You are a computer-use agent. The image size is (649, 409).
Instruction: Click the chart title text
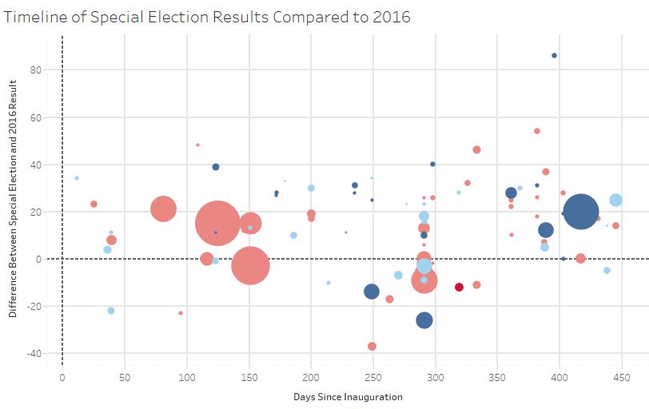pyautogui.click(x=207, y=17)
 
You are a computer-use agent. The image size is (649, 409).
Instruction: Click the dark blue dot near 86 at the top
pyautogui.click(x=554, y=55)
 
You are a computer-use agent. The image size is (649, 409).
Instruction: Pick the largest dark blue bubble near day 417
pyautogui.click(x=581, y=212)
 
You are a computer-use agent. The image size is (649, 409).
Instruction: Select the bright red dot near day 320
pyautogui.click(x=459, y=287)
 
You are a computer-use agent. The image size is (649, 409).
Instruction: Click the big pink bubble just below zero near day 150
pyautogui.click(x=250, y=265)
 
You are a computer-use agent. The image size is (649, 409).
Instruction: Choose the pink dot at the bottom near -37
pyautogui.click(x=372, y=346)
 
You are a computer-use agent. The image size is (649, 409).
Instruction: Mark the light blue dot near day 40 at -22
pyautogui.click(x=111, y=311)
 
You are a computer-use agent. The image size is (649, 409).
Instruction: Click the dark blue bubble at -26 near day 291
pyautogui.click(x=424, y=320)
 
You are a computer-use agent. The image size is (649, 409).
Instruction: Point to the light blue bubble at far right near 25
pyautogui.click(x=615, y=201)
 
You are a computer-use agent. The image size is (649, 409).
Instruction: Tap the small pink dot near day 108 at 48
pyautogui.click(x=197, y=145)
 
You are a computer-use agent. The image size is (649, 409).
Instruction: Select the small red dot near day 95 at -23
pyautogui.click(x=181, y=313)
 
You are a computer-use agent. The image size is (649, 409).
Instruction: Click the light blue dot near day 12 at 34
pyautogui.click(x=77, y=178)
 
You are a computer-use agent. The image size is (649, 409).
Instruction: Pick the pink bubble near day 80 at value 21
pyautogui.click(x=163, y=208)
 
